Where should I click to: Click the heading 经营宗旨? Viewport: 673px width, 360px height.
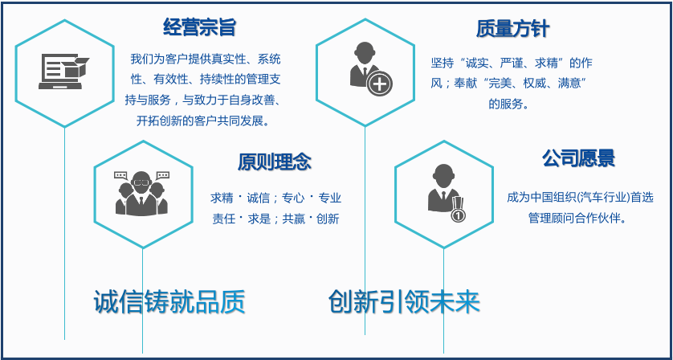(199, 28)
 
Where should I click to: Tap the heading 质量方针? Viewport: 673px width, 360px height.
(512, 30)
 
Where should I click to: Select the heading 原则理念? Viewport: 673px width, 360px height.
(274, 162)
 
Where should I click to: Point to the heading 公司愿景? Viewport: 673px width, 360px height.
(578, 158)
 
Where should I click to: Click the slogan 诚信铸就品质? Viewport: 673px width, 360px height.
(169, 301)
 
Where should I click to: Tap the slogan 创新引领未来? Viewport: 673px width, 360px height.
(404, 301)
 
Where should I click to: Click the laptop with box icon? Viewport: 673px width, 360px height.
(63, 71)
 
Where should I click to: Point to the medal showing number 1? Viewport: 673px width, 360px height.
(459, 214)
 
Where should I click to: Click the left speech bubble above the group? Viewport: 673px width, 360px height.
(122, 175)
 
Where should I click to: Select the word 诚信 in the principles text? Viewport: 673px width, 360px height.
(259, 198)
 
